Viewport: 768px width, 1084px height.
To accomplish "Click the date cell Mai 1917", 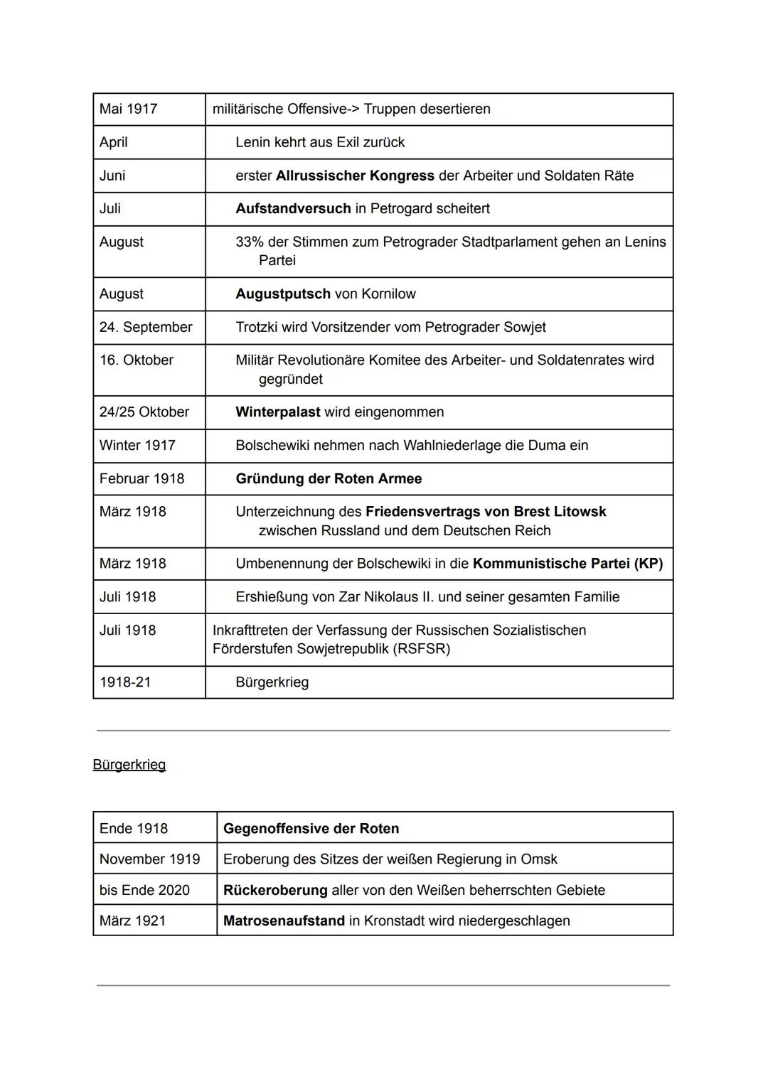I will [x=129, y=109].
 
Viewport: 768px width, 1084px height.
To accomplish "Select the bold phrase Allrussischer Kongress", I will [x=355, y=176].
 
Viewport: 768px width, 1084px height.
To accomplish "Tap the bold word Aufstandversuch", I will [x=293, y=208].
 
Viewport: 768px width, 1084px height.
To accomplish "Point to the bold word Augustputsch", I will [x=283, y=294].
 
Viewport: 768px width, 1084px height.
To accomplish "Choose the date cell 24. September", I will [x=146, y=327].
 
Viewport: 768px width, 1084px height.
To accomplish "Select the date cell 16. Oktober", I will [x=137, y=360].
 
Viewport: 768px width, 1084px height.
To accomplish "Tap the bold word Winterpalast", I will [x=278, y=412].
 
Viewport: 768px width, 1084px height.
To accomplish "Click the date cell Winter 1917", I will [x=137, y=445].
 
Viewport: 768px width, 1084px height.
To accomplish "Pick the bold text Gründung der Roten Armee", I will [x=329, y=478].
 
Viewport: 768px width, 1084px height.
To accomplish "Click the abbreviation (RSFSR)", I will [x=421, y=649].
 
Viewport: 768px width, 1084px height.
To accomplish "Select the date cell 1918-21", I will [x=125, y=682].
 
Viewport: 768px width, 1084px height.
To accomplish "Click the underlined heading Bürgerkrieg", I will [x=129, y=765].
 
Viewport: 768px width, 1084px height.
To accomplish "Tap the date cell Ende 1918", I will [x=134, y=828].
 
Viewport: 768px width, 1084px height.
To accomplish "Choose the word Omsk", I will [x=539, y=859].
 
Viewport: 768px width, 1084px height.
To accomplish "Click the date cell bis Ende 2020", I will [x=144, y=890].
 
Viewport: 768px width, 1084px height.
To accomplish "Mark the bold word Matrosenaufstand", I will [x=284, y=921].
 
